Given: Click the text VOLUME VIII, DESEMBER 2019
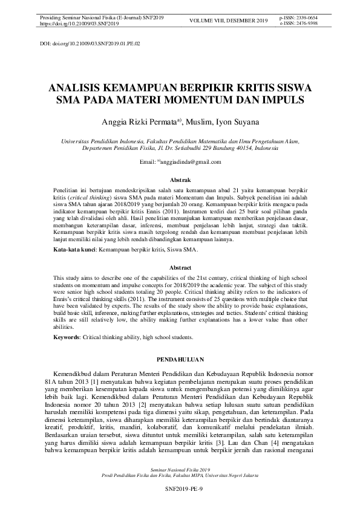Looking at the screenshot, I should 228,21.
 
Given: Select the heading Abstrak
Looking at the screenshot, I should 180,180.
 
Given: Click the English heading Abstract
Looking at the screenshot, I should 180,267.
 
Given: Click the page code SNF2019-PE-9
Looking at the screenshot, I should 180,487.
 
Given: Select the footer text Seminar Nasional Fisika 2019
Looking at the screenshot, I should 180,469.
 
